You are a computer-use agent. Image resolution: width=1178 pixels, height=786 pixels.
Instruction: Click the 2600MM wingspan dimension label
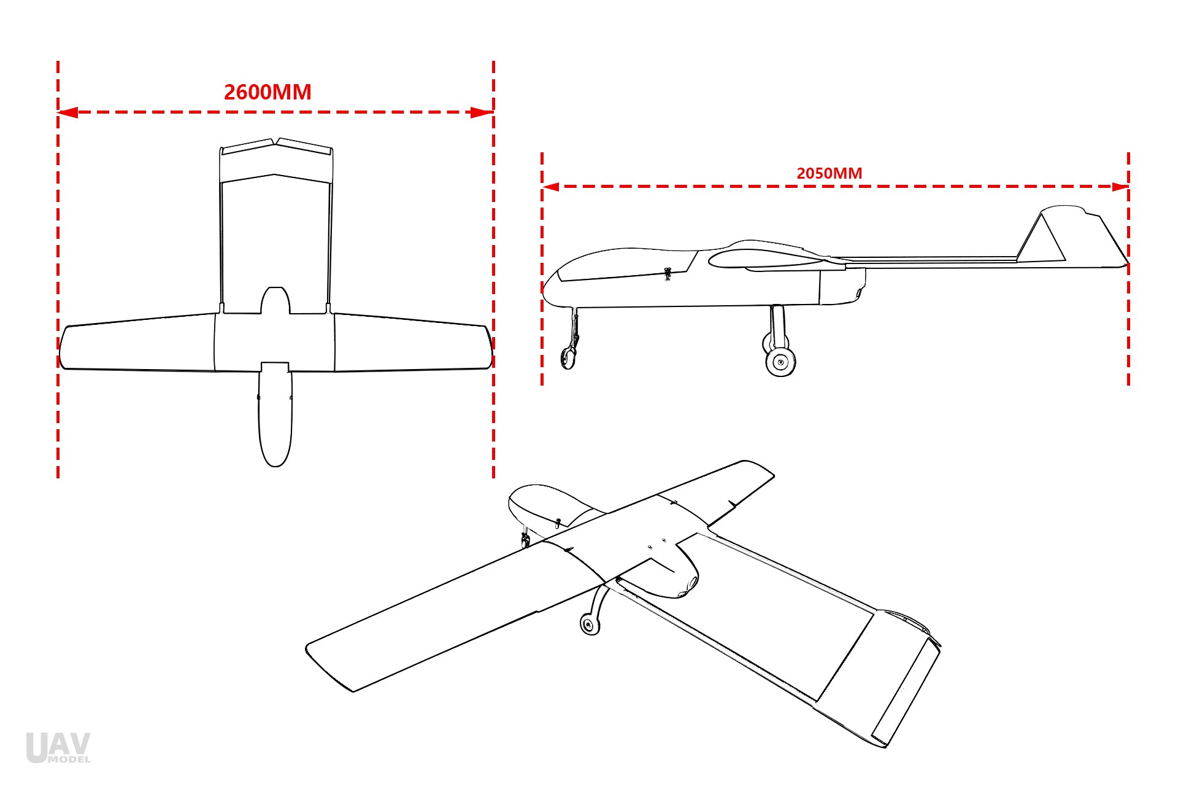click(x=268, y=92)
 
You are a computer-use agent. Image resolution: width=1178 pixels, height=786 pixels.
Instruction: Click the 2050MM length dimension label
click(x=829, y=173)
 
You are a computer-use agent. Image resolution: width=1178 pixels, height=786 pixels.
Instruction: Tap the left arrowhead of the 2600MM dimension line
click(x=67, y=112)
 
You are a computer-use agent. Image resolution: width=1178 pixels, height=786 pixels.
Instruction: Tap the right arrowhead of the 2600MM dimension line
click(x=482, y=112)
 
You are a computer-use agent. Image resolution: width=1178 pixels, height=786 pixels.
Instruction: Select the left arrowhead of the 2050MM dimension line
click(x=551, y=186)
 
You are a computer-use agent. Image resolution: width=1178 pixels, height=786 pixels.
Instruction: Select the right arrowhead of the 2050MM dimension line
click(x=1120, y=186)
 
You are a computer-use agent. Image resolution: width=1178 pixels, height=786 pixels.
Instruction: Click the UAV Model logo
click(x=58, y=747)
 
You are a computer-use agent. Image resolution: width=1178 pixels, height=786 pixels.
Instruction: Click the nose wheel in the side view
click(x=568, y=357)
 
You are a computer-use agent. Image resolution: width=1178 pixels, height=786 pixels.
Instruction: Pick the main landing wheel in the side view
click(x=780, y=362)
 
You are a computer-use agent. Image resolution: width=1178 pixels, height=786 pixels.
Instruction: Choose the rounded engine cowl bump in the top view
click(x=275, y=300)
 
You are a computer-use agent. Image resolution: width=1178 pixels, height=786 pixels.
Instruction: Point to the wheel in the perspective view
click(x=590, y=625)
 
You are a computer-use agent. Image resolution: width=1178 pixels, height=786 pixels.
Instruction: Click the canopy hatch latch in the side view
click(x=668, y=273)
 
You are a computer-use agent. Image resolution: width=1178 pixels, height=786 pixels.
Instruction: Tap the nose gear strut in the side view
click(x=576, y=329)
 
